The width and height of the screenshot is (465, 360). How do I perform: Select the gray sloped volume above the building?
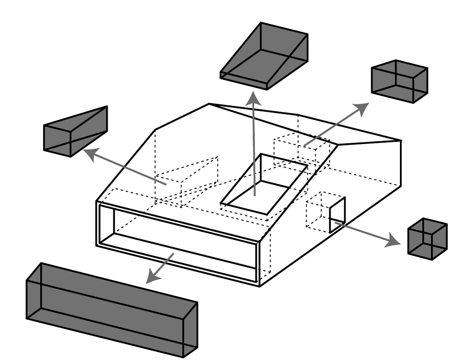tap(265, 56)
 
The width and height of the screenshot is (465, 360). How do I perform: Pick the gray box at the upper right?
tap(399, 81)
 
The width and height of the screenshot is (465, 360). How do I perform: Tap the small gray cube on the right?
tap(427, 239)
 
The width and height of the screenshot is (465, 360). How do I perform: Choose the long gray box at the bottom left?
tap(112, 309)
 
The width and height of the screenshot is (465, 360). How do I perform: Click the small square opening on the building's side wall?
tap(337, 215)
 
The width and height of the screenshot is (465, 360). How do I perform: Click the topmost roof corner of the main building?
tap(209, 104)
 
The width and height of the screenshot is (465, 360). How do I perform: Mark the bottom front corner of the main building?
tap(259, 286)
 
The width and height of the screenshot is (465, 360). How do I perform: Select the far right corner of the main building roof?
tap(401, 141)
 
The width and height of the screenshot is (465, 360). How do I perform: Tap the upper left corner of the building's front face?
tap(97, 202)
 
